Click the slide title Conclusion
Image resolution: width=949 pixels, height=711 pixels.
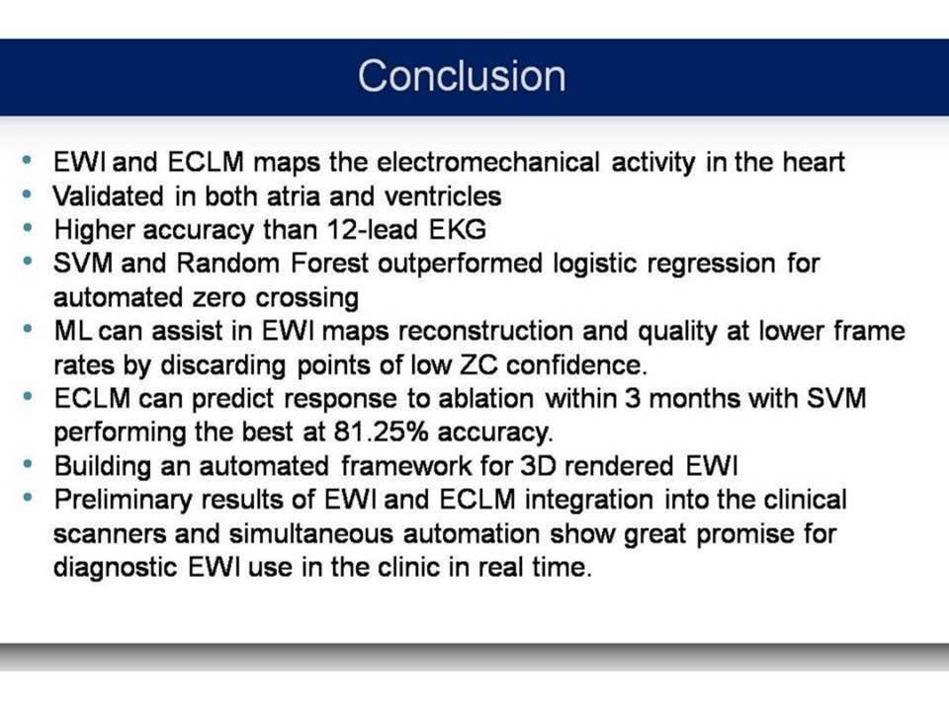click(462, 76)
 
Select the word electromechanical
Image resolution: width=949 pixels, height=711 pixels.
click(488, 162)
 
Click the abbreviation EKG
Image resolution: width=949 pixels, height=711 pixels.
click(458, 230)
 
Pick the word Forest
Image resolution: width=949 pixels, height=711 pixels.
click(329, 264)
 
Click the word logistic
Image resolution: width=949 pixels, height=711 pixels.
click(595, 265)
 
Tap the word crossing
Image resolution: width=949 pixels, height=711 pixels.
click(306, 298)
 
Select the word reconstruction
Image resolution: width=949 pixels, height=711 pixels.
click(486, 332)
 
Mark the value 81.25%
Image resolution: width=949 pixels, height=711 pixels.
click(381, 433)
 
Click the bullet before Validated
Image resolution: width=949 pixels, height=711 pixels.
click(27, 195)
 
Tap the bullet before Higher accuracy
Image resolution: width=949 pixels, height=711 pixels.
click(27, 228)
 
